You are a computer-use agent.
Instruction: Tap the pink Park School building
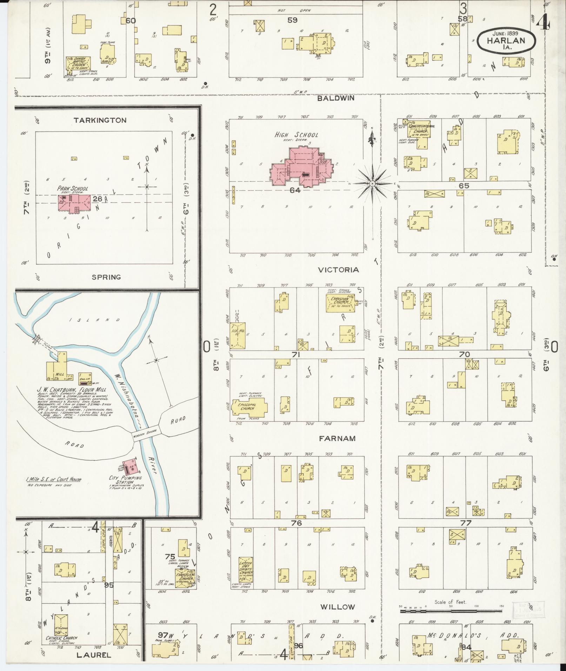pos(74,204)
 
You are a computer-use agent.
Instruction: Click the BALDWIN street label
pos(335,99)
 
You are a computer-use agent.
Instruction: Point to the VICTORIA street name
pos(338,270)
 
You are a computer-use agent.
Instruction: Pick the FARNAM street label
pos(337,438)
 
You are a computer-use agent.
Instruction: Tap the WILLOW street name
pos(338,607)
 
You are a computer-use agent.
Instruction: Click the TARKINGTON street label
pos(100,120)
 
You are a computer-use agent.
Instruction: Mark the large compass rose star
pos(373,183)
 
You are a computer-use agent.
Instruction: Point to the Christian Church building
pos(339,302)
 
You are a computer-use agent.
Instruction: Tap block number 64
pos(295,190)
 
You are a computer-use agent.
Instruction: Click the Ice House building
pos(237,336)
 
